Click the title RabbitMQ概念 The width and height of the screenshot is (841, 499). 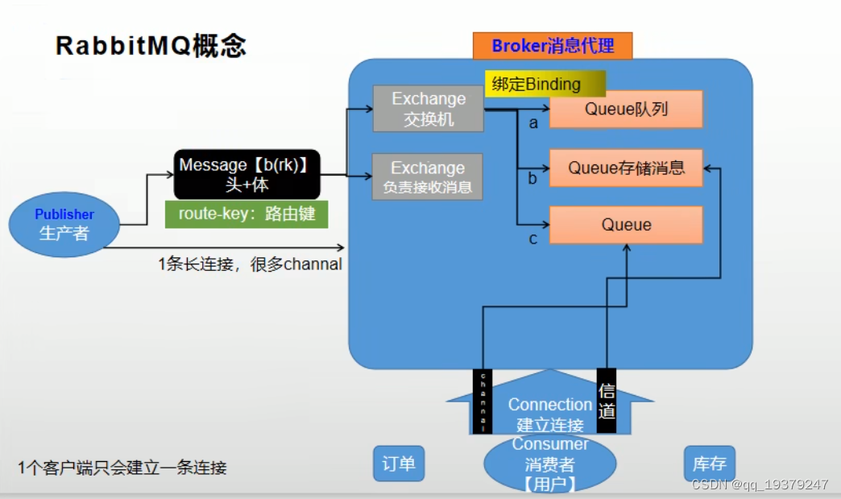coord(151,46)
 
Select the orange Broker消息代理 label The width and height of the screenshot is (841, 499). coord(552,46)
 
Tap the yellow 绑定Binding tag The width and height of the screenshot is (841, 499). coord(545,84)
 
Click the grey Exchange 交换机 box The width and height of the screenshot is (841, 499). coord(428,109)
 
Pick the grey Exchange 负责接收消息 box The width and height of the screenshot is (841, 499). coord(427,177)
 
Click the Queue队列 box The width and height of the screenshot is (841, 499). coord(626,109)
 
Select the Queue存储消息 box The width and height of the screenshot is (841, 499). coord(626,168)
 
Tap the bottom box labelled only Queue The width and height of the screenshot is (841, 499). coord(626,225)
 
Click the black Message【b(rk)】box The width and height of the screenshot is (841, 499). coord(247,174)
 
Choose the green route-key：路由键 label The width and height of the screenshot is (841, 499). coord(246,214)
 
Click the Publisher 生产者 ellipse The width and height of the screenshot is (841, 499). coord(64,224)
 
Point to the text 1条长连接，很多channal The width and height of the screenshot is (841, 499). coord(250,264)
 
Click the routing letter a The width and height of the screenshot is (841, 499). coord(532,123)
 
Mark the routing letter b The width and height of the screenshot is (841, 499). coord(532,179)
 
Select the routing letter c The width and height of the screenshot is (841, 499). coord(532,239)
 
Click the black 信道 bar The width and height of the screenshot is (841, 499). coord(607,401)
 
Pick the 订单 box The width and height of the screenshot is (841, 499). coord(399,464)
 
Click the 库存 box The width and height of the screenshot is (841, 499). coord(710,464)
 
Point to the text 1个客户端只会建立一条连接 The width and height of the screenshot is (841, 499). coord(122,468)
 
